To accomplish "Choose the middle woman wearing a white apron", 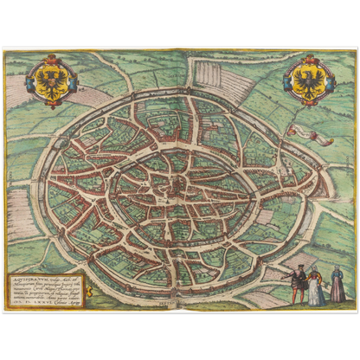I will coord(317,287).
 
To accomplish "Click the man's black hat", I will coord(299,267).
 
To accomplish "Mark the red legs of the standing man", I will coord(298,296).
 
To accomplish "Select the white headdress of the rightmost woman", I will coord(337,270).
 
